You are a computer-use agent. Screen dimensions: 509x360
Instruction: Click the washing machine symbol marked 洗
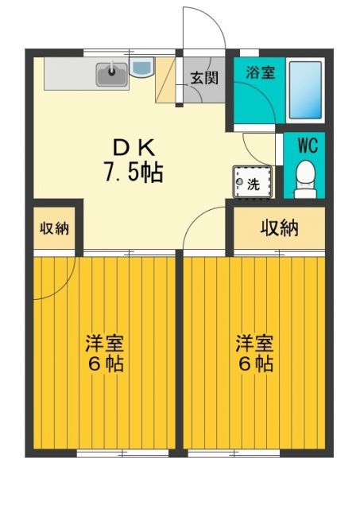[250, 182]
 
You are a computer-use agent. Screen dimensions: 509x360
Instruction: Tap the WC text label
[307, 146]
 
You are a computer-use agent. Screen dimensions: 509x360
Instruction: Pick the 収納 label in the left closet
[55, 228]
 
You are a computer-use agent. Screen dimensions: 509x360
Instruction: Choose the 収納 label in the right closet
[279, 228]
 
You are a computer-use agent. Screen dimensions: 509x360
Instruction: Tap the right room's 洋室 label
[254, 344]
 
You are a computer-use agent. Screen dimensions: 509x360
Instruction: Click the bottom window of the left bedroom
[122, 453]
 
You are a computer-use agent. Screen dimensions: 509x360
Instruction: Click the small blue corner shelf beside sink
[141, 69]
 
